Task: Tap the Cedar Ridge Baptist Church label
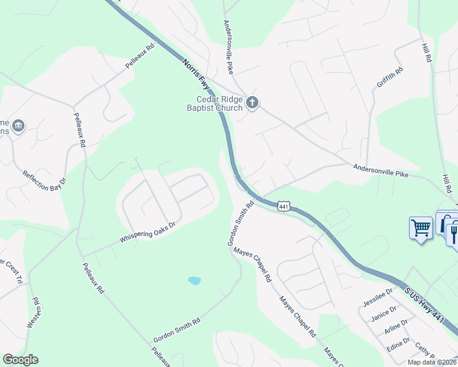pyautogui.click(x=219, y=104)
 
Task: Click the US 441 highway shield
pyautogui.click(x=283, y=207)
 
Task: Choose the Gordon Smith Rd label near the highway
pyautogui.click(x=241, y=224)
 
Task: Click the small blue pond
pyautogui.click(x=194, y=281)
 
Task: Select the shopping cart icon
pyautogui.click(x=421, y=228)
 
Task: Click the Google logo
pyautogui.click(x=20, y=360)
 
